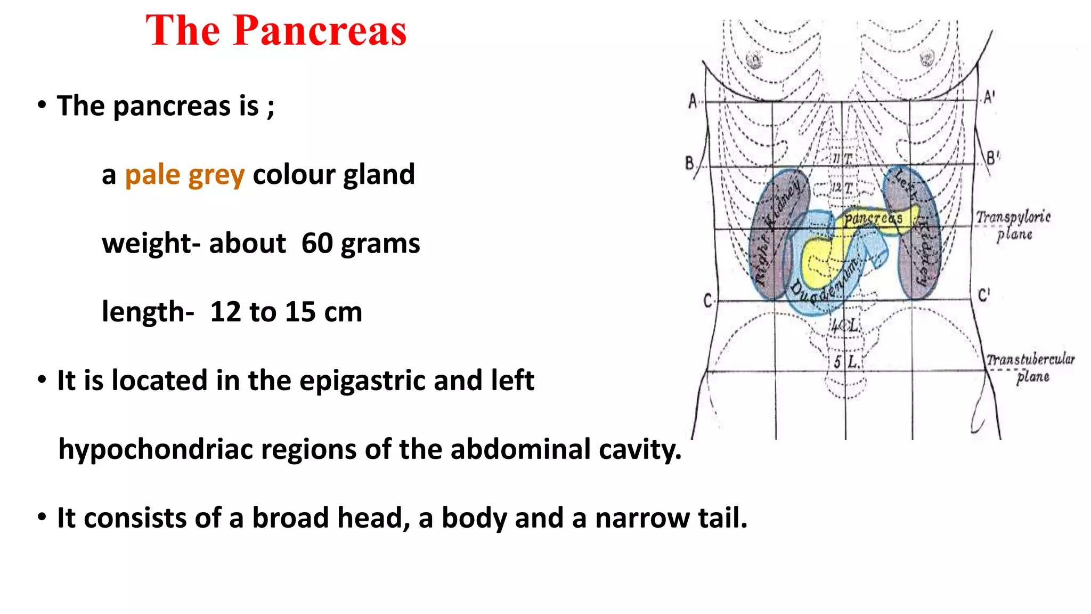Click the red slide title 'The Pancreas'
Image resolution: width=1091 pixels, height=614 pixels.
click(x=276, y=30)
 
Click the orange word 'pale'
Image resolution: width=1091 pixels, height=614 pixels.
click(x=152, y=175)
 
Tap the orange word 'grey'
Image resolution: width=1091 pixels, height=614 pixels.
click(x=216, y=176)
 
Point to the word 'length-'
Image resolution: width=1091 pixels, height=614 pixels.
click(x=148, y=312)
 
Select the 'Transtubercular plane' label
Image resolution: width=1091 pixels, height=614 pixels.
click(x=1030, y=367)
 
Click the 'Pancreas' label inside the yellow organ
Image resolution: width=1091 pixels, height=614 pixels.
click(x=873, y=218)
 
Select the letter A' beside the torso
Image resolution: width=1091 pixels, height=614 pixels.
click(x=989, y=98)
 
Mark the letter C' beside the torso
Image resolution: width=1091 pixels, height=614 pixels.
click(x=983, y=295)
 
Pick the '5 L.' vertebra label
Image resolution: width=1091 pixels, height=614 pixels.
click(x=846, y=362)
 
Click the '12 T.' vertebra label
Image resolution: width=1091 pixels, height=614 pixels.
click(x=842, y=188)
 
